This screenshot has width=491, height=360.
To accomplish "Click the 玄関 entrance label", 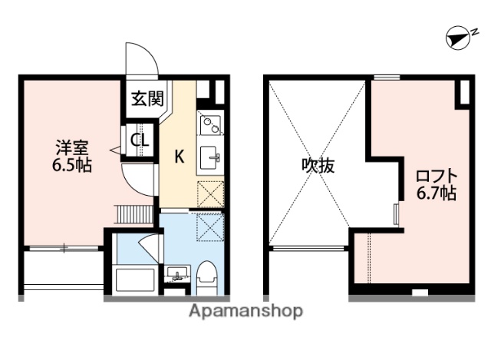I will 146,98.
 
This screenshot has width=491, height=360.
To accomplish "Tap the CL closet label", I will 140,140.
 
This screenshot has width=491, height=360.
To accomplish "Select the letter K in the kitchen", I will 179,157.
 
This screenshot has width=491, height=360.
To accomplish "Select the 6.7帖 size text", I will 436,193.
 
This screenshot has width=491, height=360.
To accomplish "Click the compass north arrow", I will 459,38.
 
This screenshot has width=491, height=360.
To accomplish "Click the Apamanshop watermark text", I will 246,311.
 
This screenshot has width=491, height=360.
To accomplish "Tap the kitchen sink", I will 209,159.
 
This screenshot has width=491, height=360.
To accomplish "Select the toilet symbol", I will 206,276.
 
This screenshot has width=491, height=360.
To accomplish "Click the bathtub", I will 133,279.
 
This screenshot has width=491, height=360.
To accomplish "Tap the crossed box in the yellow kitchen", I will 209,193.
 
